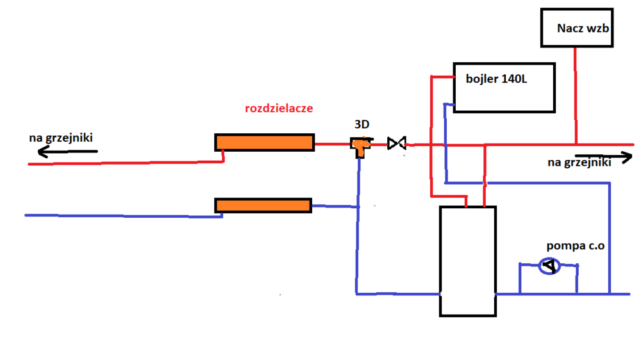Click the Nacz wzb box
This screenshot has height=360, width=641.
pyautogui.click(x=576, y=28)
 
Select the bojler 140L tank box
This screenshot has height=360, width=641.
pyautogui.click(x=504, y=88)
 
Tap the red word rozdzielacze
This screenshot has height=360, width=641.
pyautogui.click(x=279, y=108)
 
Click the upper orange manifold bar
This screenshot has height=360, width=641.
pyautogui.click(x=264, y=142)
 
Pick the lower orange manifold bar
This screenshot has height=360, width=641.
pyautogui.click(x=263, y=205)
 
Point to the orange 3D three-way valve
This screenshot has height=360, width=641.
pyautogui.click(x=359, y=146)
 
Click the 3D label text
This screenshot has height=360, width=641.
pyautogui.click(x=362, y=124)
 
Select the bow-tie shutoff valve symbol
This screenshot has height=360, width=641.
pyautogui.click(x=397, y=143)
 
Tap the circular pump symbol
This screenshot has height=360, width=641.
pyautogui.click(x=548, y=266)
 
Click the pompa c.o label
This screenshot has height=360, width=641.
pyautogui.click(x=575, y=246)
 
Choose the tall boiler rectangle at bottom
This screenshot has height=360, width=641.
pyautogui.click(x=467, y=261)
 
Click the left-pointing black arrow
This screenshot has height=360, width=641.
pyautogui.click(x=67, y=152)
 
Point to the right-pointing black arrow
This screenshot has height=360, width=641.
pyautogui.click(x=603, y=156)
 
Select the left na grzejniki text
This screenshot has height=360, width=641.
pyautogui.click(x=60, y=138)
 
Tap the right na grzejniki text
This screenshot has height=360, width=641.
pyautogui.click(x=579, y=163)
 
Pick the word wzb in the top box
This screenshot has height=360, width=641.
pyautogui.click(x=597, y=28)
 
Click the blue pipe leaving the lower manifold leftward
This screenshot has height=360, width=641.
pyautogui.click(x=122, y=216)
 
